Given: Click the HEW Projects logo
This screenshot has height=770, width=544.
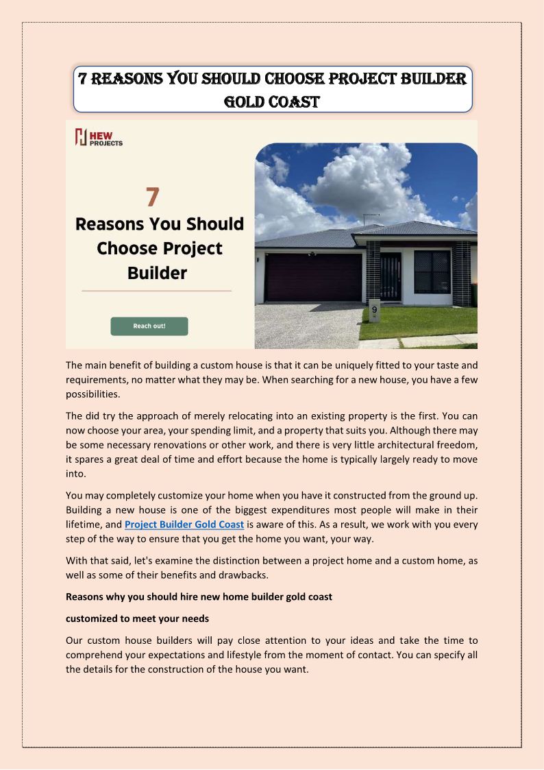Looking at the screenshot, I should pyautogui.click(x=99, y=137).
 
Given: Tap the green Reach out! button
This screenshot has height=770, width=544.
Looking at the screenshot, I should pyautogui.click(x=149, y=326).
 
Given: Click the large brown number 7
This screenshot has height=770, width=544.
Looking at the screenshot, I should pyautogui.click(x=153, y=197).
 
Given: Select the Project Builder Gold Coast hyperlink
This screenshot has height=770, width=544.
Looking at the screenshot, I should pyautogui.click(x=184, y=525).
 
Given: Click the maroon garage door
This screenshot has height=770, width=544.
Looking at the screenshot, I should pyautogui.click(x=314, y=277).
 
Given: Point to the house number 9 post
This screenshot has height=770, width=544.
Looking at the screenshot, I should pyautogui.click(x=374, y=312).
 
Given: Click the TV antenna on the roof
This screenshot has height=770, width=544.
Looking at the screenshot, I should pyautogui.click(x=371, y=217).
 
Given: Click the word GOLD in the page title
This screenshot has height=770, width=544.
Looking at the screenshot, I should pyautogui.click(x=247, y=102).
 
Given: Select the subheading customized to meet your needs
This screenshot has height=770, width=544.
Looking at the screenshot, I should pyautogui.click(x=137, y=618).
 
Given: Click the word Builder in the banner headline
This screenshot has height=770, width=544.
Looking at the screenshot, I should pyautogui.click(x=157, y=273).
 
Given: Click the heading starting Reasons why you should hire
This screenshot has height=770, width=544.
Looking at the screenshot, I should pyautogui.click(x=199, y=597).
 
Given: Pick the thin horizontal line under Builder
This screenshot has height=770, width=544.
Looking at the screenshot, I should pyautogui.click(x=156, y=291).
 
